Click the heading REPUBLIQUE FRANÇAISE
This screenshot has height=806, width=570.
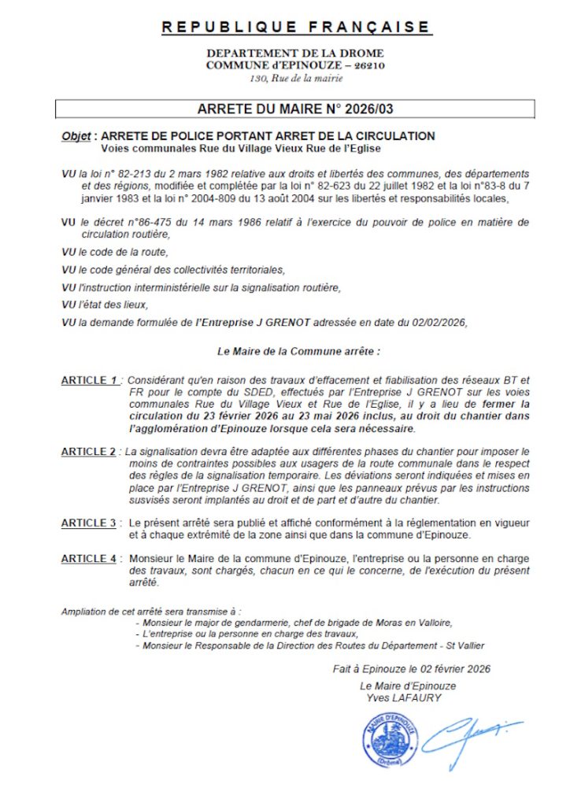tap(296, 28)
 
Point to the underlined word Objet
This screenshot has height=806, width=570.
tap(76, 136)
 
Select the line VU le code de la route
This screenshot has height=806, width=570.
tap(115, 252)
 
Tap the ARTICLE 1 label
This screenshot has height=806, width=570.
tap(91, 380)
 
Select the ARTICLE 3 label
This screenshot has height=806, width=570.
tap(89, 523)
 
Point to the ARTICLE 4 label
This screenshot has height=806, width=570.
tap(89, 558)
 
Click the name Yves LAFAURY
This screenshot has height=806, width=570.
tap(404, 697)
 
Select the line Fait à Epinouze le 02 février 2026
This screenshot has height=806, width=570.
tap(411, 669)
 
